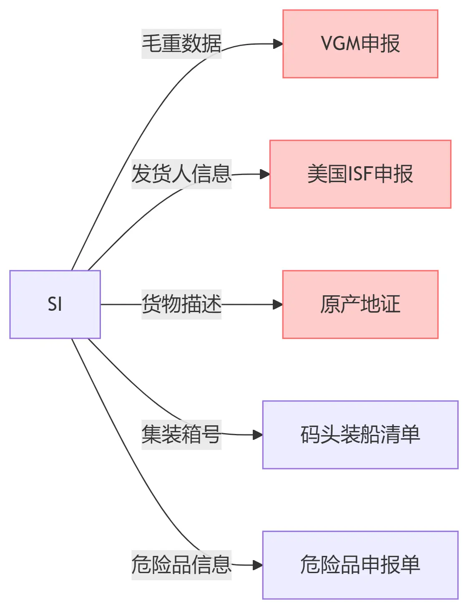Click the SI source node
[55, 304]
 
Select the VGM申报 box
[360, 44]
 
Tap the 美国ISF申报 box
[360, 174]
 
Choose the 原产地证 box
[360, 304]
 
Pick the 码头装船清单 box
[360, 435]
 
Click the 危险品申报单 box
[360, 565]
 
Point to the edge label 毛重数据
[181, 44]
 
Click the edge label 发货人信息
[181, 174]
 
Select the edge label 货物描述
[181, 304]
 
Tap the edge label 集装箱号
[181, 435]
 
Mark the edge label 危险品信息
[181, 565]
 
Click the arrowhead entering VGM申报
[278, 44]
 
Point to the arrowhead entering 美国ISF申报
[265, 174]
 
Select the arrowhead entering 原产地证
[278, 304]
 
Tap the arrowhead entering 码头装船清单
[258, 435]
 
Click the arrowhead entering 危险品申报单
[258, 565]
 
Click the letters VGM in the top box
[340, 44]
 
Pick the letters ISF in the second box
[360, 174]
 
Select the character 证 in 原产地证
[391, 304]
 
